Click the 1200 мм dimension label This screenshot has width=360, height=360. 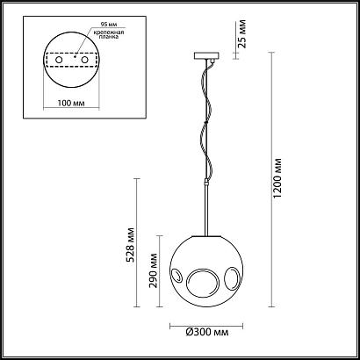277,177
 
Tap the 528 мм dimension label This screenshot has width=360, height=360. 131,245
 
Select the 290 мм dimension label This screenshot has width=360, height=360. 153,270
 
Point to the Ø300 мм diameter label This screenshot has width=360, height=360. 207,332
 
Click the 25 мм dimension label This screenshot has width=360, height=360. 241,34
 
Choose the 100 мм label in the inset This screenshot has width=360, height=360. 71,103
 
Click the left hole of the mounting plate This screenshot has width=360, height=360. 59,60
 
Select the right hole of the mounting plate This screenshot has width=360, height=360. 84,60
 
